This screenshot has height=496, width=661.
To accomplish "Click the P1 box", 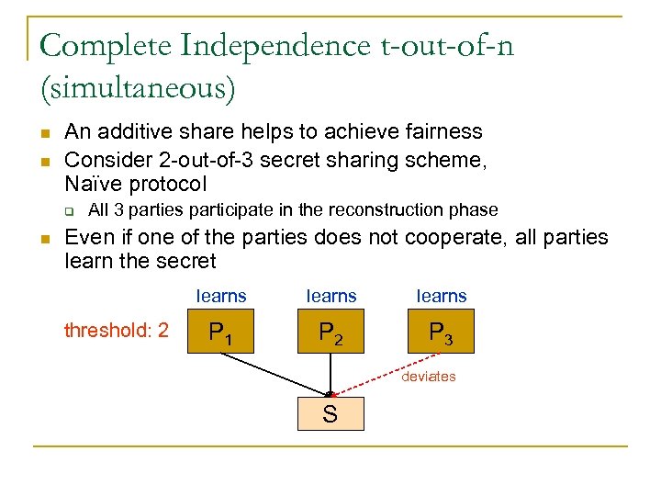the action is [220, 332].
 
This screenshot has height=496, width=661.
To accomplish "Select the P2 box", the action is [330, 332].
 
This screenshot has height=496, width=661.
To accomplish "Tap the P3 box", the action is [441, 332].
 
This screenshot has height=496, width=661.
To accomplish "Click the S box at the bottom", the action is [330, 413].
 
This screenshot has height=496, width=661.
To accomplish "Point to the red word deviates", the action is [429, 377].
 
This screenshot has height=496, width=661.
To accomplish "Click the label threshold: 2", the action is [117, 330].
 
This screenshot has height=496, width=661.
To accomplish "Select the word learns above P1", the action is [221, 296].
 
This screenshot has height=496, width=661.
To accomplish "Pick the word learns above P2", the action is [330, 296].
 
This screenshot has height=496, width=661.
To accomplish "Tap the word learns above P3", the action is [442, 296].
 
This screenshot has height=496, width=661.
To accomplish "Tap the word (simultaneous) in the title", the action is [138, 88].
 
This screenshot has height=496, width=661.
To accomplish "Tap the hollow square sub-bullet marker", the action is [69, 210].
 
